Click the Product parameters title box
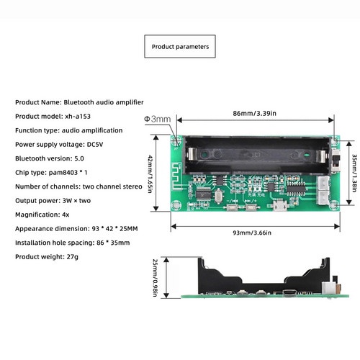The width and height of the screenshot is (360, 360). [180, 46]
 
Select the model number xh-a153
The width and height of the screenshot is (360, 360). [78, 117]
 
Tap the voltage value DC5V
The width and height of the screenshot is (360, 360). [95, 145]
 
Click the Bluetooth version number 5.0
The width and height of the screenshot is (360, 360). [79, 158]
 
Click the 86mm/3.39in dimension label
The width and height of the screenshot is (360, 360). [254, 113]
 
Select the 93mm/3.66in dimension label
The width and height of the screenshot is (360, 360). [252, 233]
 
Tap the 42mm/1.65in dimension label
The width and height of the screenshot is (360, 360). [150, 174]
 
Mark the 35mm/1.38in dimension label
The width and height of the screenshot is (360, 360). [354, 173]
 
